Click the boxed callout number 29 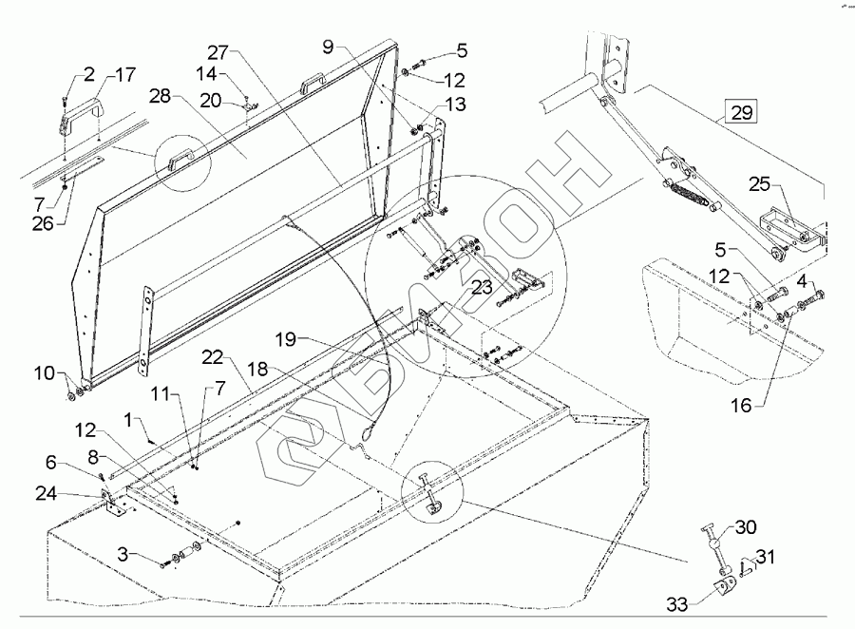743,112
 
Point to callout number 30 747,529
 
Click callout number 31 765,557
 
